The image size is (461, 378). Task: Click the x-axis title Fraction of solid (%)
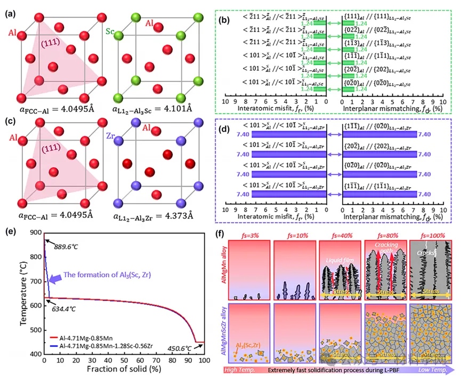coord(116,371)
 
